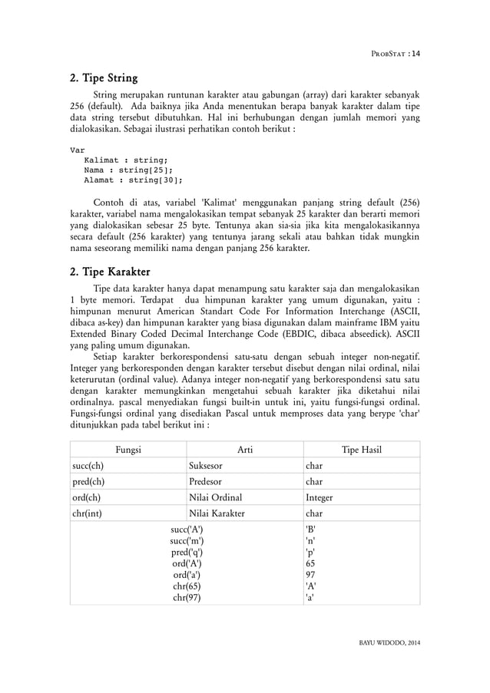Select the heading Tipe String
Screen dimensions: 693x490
[104, 78]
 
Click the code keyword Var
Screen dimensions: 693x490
[78, 150]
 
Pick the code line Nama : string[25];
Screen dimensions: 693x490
[128, 170]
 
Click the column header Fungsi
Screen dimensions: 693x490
[127, 450]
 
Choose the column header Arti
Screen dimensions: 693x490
[245, 450]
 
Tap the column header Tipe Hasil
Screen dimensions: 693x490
[361, 450]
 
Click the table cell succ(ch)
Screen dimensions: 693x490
[89, 466]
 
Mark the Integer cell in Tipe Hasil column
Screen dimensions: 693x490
[319, 498]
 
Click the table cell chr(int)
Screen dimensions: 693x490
[90, 514]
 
